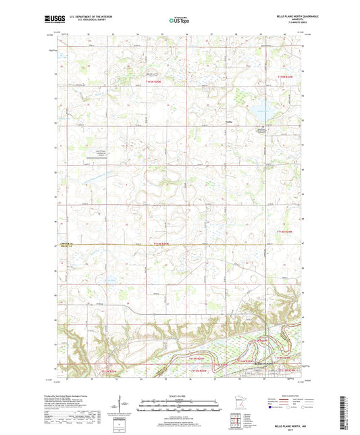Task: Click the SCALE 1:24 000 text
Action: (x=180, y=396)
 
